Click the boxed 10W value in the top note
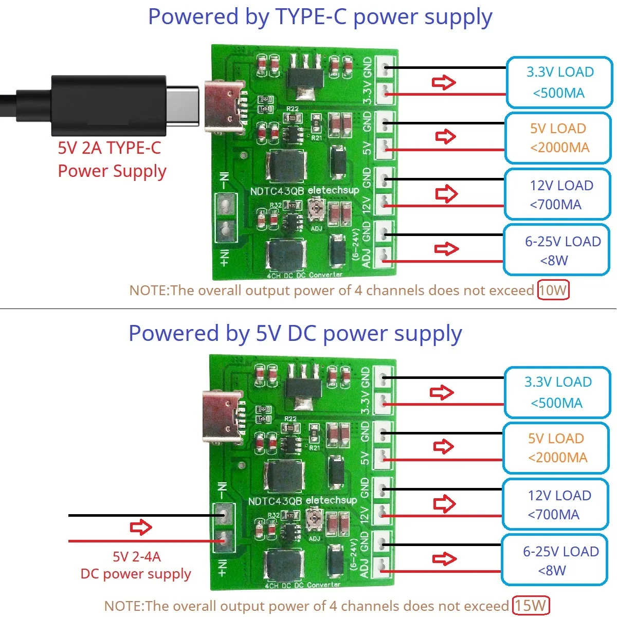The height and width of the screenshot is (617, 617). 553,291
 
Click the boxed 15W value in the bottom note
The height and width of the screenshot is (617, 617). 531,606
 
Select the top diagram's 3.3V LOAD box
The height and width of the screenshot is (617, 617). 559,82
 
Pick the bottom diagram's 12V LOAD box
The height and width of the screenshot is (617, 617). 556,504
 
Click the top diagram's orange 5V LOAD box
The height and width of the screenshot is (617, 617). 558,138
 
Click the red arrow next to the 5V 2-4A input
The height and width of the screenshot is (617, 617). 141,528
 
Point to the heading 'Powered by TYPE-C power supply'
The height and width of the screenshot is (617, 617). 320,17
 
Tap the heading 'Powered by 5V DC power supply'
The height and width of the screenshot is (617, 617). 295,333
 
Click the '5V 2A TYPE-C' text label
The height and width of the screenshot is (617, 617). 110,148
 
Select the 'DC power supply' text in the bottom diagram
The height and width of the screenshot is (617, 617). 136,574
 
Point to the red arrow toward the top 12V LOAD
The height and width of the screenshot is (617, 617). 446,194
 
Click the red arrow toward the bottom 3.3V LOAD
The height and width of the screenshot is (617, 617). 442,393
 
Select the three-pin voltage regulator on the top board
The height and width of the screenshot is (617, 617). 305,77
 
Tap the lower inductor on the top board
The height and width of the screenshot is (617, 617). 286,254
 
